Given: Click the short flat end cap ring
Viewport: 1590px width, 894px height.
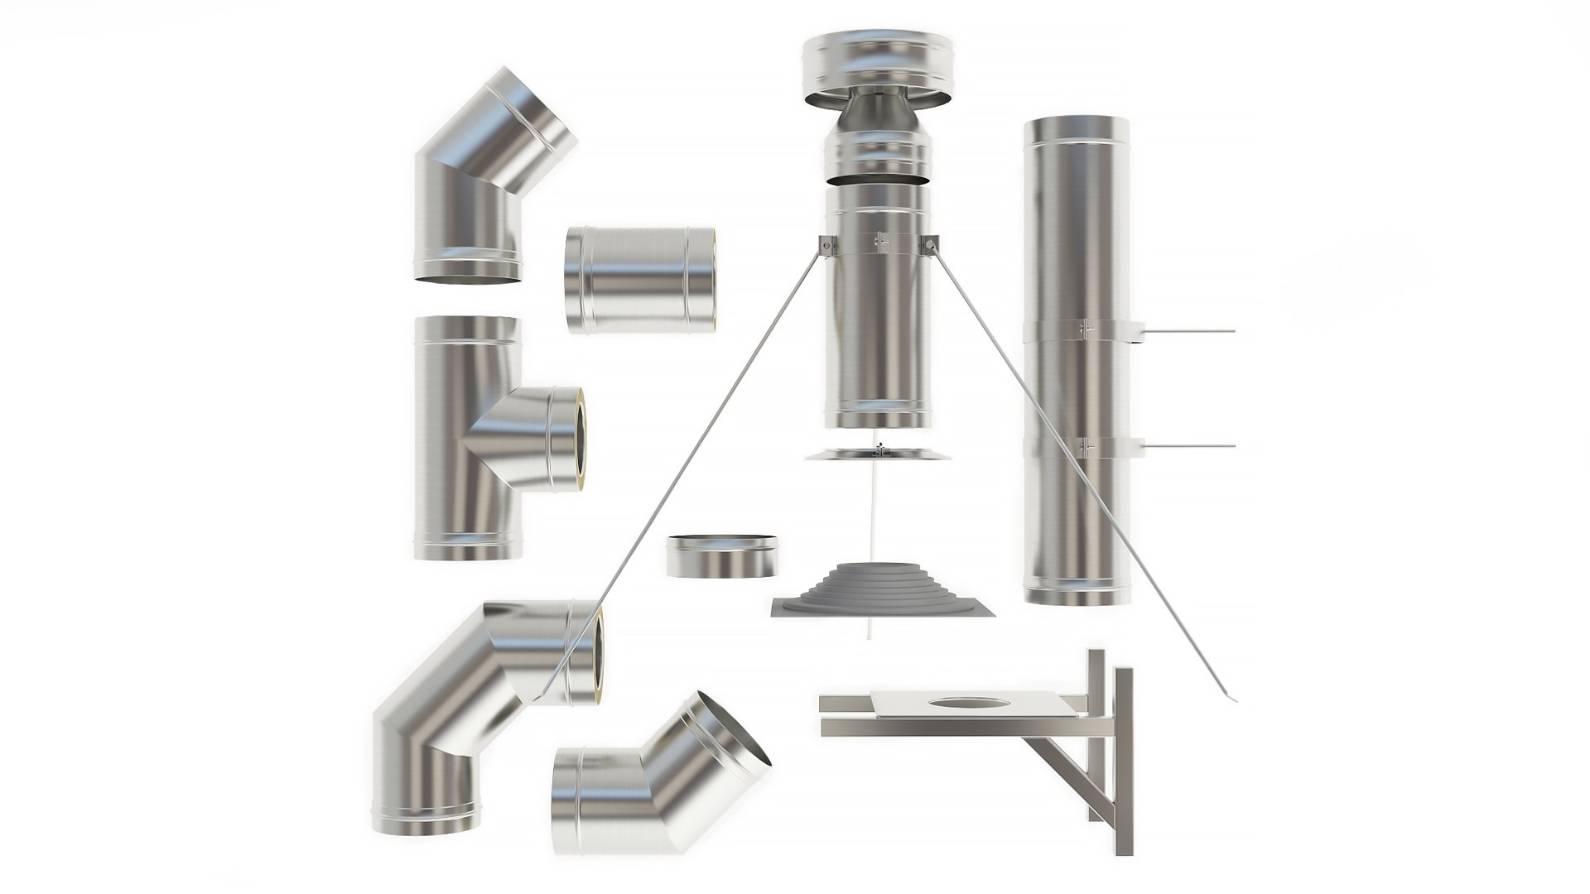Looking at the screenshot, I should [721, 556].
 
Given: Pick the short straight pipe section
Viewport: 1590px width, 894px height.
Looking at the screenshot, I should [641, 280].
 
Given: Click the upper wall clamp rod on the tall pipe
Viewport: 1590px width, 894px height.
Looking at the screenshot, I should [1188, 331].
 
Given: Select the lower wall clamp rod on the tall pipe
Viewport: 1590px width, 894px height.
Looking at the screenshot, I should [1188, 446].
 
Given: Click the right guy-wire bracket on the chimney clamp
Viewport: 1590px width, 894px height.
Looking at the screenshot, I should [932, 243].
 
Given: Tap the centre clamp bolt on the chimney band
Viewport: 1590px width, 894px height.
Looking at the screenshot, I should [881, 241].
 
